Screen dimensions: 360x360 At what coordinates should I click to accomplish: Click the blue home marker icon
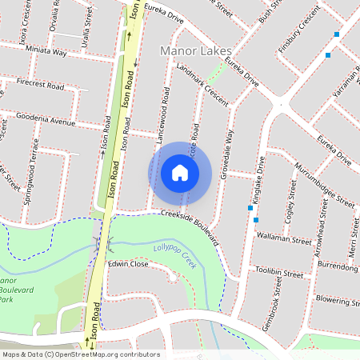[x=180, y=172]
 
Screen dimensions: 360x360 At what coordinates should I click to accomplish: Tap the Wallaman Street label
[x=282, y=239]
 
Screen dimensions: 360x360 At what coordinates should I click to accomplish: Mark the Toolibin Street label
[x=278, y=273]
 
